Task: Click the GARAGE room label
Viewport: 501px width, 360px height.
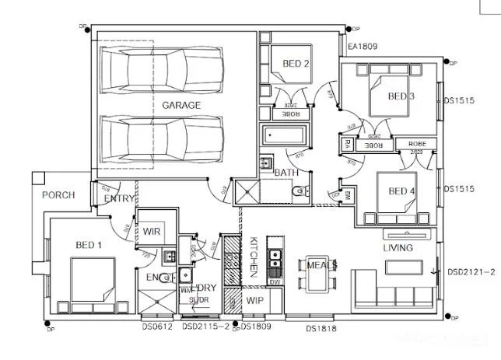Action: coord(181,105)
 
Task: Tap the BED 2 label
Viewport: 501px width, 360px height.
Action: coord(296,64)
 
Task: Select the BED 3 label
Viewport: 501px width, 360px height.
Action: coord(401,96)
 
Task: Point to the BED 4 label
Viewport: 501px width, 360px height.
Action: coord(401,192)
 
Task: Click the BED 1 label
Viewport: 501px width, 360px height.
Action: coord(89,246)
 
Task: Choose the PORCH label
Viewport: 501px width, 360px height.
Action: coord(58,195)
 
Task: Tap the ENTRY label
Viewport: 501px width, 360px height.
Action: coord(119,200)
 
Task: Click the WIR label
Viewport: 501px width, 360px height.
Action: coord(151,232)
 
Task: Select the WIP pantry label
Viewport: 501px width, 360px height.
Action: coord(255,300)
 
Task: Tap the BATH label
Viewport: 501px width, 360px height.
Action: coord(286,172)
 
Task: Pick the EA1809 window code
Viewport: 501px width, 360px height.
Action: coord(363,47)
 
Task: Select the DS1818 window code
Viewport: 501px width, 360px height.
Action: coord(321,329)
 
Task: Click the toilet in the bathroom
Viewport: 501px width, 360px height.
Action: coord(296,191)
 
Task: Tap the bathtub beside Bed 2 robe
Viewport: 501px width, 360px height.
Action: coord(286,135)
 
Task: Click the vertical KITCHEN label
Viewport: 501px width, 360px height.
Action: coord(254,257)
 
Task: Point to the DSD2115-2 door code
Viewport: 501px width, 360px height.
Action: coord(206,327)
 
